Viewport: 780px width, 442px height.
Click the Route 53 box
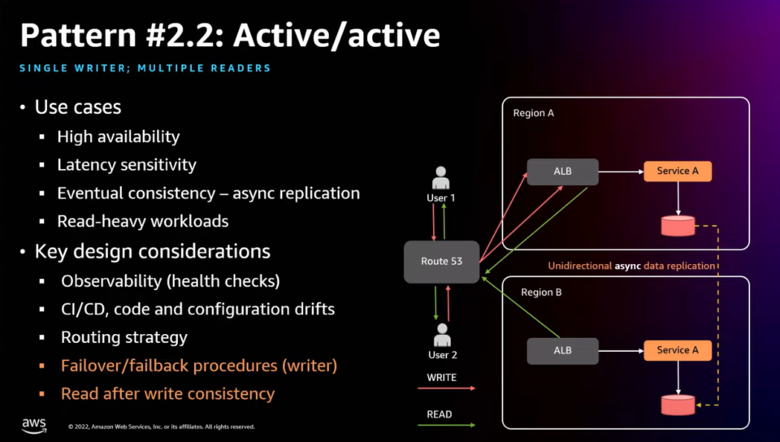point(441,261)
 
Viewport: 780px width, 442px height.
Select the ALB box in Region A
point(562,171)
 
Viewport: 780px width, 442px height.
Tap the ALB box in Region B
point(562,350)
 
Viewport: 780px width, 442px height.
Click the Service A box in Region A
point(677,171)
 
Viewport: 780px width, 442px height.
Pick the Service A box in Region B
point(677,350)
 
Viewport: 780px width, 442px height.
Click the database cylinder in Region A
point(678,226)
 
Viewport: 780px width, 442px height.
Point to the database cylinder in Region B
point(678,404)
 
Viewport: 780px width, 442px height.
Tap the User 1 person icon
point(441,178)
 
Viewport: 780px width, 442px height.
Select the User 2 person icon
point(442,335)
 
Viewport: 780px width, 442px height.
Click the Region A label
point(533,114)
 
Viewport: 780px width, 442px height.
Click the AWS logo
point(34,425)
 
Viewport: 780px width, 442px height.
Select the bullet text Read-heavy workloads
point(142,221)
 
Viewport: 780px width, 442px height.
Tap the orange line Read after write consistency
point(167,394)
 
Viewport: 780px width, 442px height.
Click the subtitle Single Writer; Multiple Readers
point(145,68)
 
